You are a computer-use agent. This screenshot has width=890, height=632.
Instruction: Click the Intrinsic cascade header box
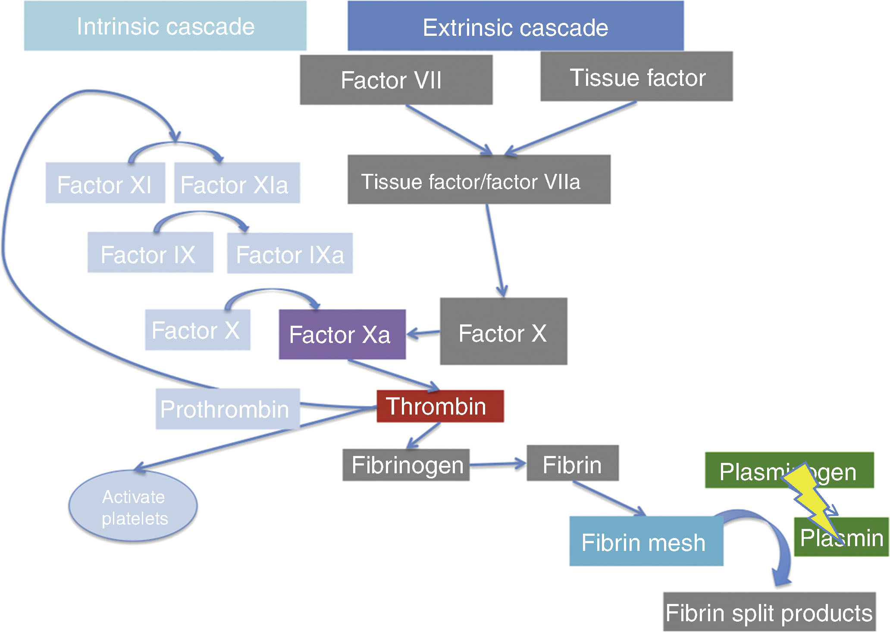coord(165,26)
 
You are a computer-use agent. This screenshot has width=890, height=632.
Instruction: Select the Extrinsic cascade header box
coord(515,26)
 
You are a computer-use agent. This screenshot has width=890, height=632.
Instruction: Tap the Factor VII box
coord(396,80)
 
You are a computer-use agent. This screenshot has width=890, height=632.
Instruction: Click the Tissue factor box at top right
coord(636,77)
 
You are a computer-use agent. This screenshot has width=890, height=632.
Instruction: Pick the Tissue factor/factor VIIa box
coord(479,179)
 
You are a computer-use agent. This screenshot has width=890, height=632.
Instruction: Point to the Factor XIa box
coord(237,183)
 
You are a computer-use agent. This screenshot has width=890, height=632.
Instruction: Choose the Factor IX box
coord(150,253)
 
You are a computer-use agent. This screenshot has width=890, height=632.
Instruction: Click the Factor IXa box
coord(290,253)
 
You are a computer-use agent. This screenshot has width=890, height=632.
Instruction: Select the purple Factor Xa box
coord(342,334)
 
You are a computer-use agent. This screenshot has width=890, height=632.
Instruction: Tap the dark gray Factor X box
coord(503,331)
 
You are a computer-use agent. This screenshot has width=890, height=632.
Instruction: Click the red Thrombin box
coord(440,406)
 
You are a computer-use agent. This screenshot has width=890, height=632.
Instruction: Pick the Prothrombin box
coord(227,409)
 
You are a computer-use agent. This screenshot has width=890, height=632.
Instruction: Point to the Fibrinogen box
coord(406,465)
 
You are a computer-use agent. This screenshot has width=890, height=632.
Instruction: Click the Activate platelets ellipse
coord(133,506)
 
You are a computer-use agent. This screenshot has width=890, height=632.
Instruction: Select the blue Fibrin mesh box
coord(646,541)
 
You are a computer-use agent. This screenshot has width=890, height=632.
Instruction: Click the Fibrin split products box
coord(769,612)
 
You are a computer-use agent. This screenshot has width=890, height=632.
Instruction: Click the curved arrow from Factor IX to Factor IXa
coord(201,214)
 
